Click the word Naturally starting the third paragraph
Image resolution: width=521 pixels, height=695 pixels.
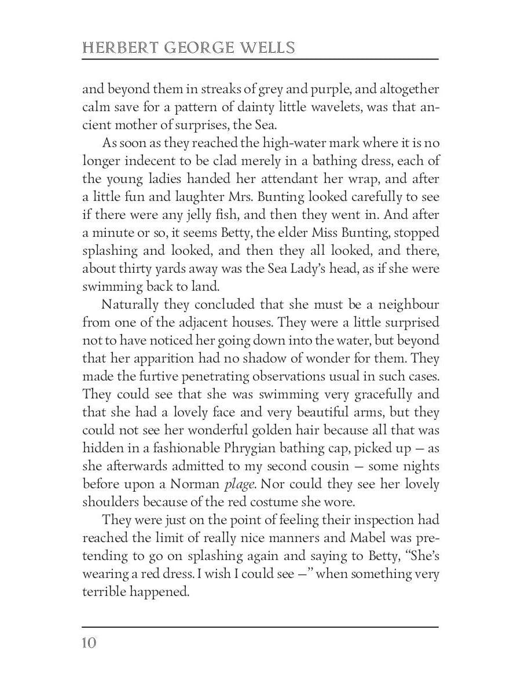[x=128, y=305]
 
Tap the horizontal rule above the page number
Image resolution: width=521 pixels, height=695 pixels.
[x=260, y=627]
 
